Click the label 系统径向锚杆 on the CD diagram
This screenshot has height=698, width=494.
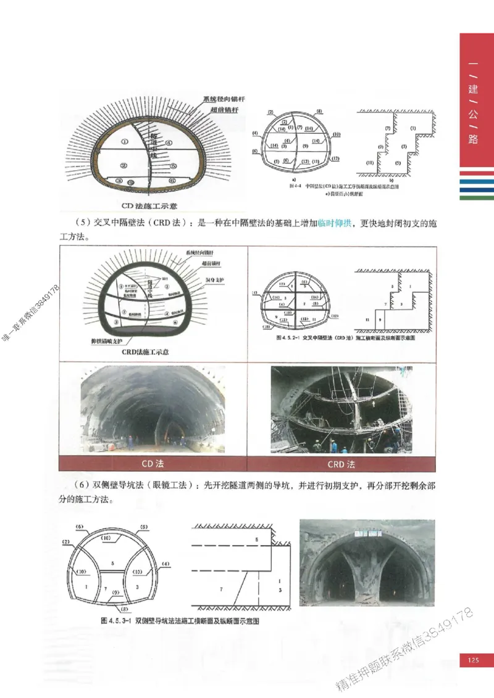click(220, 99)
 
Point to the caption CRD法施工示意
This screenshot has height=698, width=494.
click(145, 352)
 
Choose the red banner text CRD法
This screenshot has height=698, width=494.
click(341, 463)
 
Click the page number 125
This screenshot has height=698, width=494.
click(473, 661)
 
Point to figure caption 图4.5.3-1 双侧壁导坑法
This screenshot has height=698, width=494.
click(180, 621)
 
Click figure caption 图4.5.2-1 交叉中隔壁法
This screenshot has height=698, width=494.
click(346, 339)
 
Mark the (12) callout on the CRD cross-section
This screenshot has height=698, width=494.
click(334, 316)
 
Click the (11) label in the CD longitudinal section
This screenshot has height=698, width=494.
click(370, 163)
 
